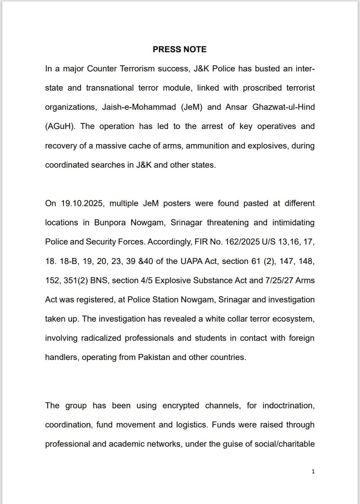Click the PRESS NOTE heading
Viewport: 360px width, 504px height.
(x=179, y=49)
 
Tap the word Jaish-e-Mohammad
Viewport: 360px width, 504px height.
(x=139, y=107)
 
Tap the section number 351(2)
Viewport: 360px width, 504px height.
(x=76, y=280)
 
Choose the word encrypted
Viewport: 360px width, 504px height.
(x=181, y=406)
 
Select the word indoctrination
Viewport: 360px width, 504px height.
(x=288, y=406)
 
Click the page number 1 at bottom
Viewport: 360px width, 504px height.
(x=313, y=471)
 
